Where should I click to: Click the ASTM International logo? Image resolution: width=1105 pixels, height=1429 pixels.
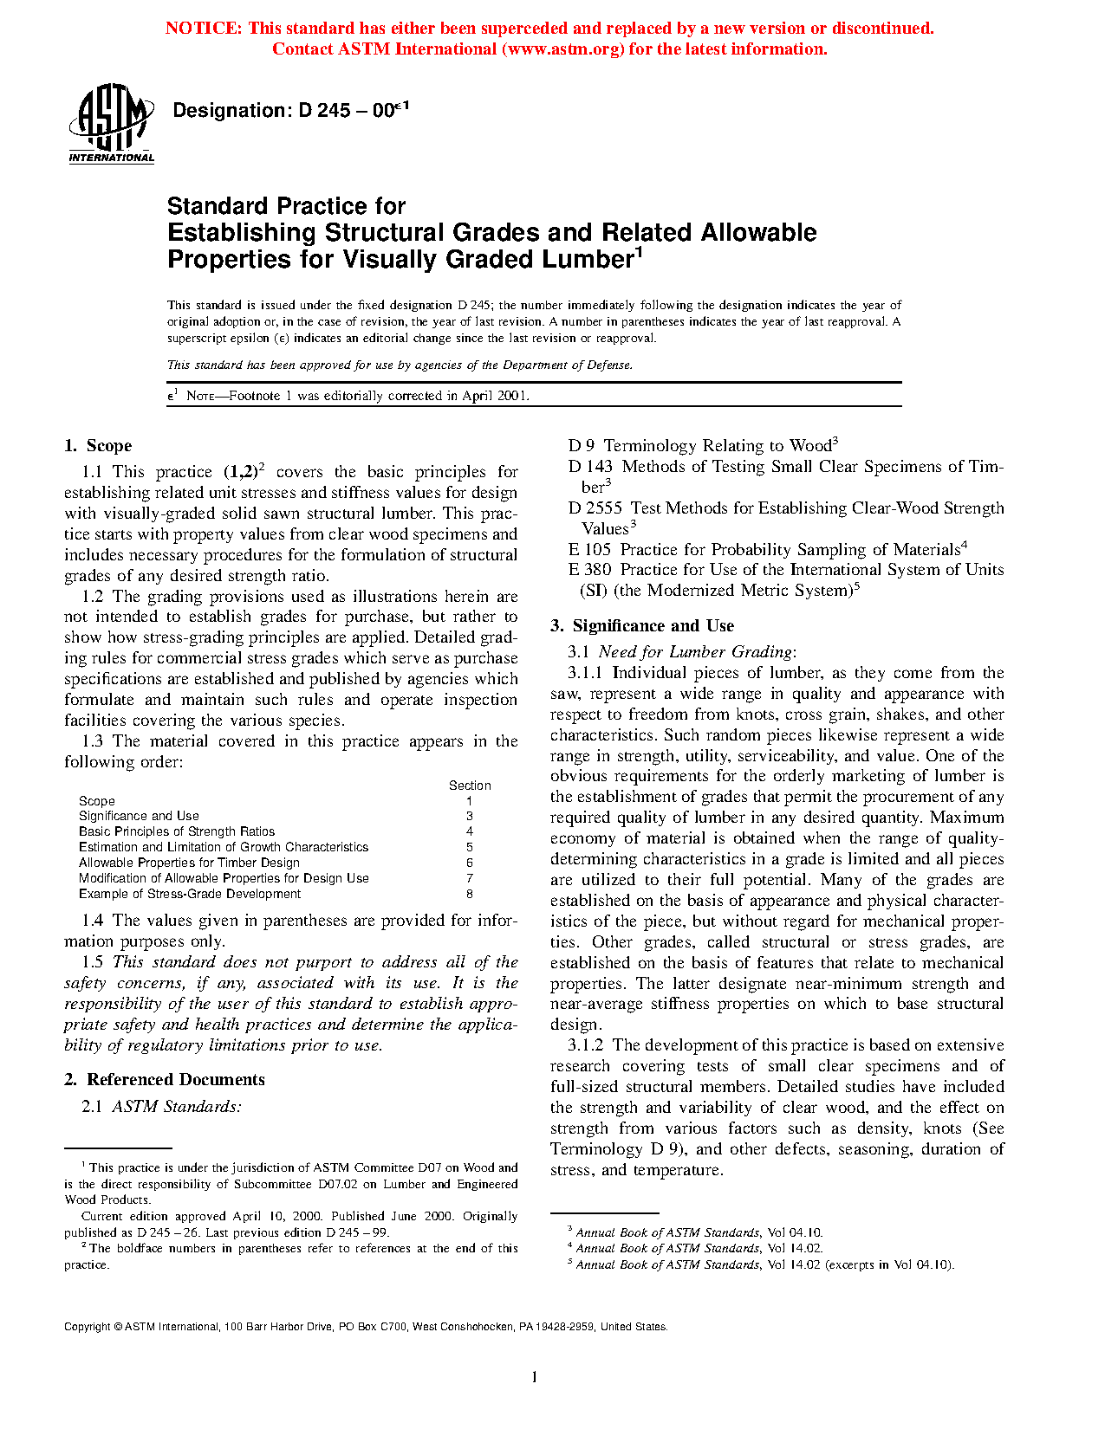[111, 123]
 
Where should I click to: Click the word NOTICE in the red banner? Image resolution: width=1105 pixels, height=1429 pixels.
[203, 29]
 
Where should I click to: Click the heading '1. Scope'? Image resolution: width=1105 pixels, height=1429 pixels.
[98, 446]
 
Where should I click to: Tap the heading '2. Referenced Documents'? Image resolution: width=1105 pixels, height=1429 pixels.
[165, 1080]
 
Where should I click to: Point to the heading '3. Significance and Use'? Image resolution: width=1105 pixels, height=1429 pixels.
[642, 626]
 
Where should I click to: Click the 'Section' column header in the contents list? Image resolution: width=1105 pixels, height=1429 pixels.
[470, 786]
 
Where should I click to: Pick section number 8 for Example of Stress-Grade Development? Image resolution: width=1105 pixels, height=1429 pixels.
[470, 895]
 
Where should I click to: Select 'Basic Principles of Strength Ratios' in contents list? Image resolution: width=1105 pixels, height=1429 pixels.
[177, 831]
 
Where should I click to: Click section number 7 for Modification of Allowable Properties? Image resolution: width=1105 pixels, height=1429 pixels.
[470, 879]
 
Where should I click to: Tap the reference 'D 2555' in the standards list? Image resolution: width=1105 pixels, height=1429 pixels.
[595, 508]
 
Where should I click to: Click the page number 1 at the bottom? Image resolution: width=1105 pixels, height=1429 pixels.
[535, 1378]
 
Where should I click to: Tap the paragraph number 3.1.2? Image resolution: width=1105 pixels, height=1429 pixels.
[586, 1045]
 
